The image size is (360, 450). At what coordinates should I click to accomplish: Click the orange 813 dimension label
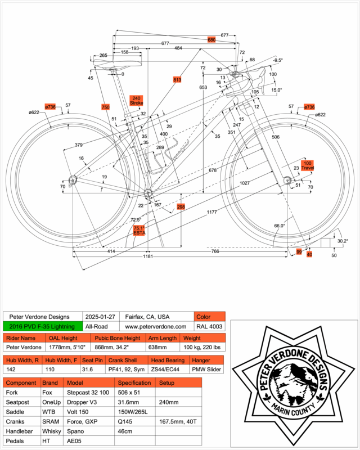click(177, 80)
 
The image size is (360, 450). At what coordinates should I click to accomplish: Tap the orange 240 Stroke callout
click(137, 100)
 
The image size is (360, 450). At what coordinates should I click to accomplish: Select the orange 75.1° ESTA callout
click(139, 229)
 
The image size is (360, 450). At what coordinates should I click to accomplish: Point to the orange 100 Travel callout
click(307, 165)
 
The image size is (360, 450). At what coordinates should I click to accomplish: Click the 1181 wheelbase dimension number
click(148, 256)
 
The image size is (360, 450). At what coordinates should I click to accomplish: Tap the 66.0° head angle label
click(280, 226)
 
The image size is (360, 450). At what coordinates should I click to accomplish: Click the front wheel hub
click(286, 180)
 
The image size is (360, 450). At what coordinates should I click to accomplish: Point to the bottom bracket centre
click(148, 193)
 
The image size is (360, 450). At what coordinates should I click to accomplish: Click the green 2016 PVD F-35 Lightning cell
click(42, 326)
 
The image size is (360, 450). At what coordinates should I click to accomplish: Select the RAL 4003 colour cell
click(209, 326)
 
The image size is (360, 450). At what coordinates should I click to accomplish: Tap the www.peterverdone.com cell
click(156, 326)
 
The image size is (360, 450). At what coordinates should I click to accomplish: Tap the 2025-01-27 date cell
click(99, 317)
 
